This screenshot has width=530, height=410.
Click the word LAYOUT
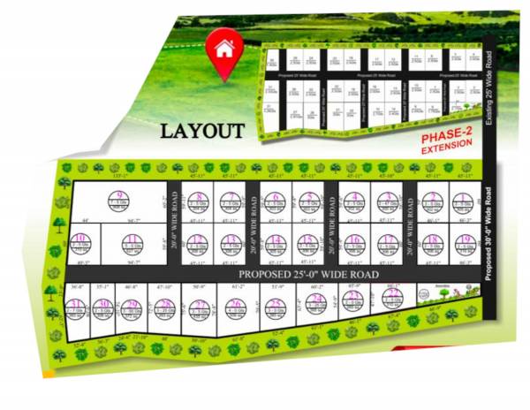pyautogui.click(x=201, y=132)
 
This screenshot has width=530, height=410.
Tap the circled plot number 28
pyautogui.click(x=165, y=306)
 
